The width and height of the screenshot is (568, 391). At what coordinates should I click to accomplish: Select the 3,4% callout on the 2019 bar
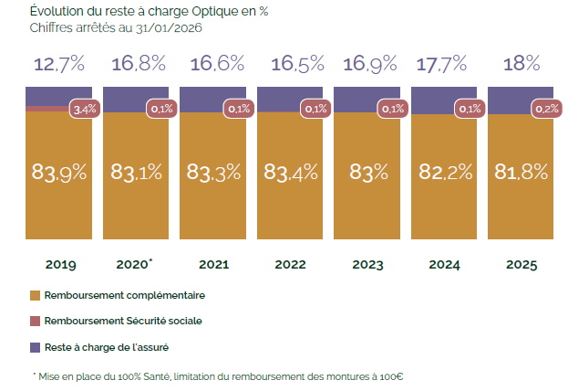tap(84, 109)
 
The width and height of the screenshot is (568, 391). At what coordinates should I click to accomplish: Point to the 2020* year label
tap(135, 265)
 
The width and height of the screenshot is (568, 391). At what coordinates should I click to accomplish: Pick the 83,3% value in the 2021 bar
tap(212, 172)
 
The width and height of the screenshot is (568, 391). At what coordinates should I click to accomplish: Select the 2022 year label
tap(290, 265)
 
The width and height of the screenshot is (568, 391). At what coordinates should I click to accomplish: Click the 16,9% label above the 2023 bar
tap(367, 64)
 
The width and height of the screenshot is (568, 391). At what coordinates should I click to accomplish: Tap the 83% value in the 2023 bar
tap(367, 172)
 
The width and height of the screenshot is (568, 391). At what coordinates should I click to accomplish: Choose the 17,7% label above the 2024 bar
tap(444, 64)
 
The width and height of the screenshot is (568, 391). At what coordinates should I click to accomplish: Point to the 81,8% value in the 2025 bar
tap(521, 172)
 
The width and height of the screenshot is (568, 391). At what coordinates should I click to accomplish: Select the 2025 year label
tap(521, 265)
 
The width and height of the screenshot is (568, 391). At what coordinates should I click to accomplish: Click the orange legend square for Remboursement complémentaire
tap(36, 296)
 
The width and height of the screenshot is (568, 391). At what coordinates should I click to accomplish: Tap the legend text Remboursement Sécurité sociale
tap(123, 321)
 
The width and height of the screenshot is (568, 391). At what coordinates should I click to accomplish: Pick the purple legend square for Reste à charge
tap(36, 347)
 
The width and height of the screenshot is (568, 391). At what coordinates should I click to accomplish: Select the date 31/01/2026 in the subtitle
tap(170, 28)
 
